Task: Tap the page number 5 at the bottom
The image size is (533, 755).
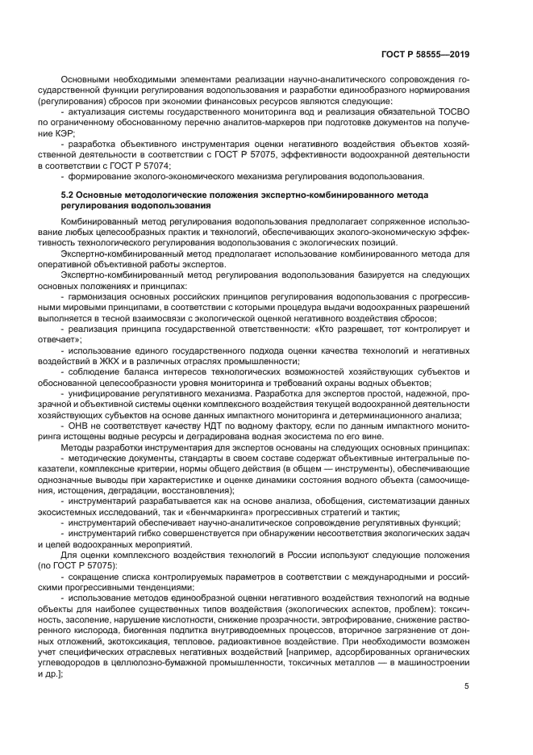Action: (x=466, y=686)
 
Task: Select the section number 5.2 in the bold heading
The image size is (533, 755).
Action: (x=69, y=195)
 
